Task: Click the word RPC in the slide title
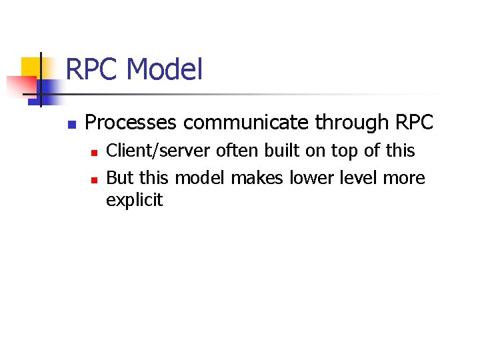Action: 93,69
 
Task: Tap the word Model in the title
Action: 164,69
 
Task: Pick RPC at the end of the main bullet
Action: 414,123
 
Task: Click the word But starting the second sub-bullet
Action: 120,178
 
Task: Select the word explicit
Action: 134,201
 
